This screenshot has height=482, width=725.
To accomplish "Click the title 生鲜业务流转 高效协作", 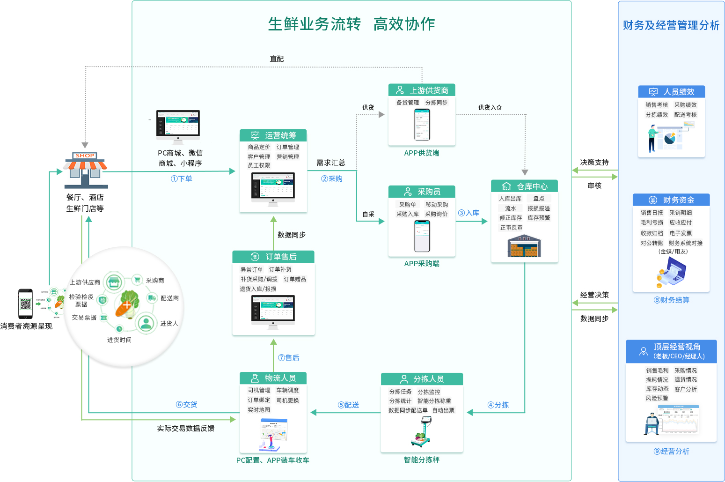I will pos(352,24).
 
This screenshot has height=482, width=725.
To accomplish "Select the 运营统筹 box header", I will pos(273,135).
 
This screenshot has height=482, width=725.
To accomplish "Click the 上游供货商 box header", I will pos(422,90).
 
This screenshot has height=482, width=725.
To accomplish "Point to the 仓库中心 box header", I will pos(524,186).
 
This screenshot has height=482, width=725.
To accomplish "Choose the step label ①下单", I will pos(182,178).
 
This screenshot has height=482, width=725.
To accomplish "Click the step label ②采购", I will pos(332,178).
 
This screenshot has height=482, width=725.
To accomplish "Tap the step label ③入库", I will pos(469,213).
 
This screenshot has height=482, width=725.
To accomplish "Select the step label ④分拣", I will pos(498,405).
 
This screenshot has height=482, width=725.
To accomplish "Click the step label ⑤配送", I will pos(348,405).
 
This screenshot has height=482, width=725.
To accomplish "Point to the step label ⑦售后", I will pos(288,357).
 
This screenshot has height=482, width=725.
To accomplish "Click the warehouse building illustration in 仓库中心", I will pos(524,246).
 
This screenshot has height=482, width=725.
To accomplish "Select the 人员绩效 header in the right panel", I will pos(671,92).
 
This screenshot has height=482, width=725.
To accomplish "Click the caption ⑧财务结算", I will pos(671,300).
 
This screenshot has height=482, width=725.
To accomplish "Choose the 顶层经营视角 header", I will pos(671,351).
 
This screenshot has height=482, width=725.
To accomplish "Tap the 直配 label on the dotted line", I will pos(277,59).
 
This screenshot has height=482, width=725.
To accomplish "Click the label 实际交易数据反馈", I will pos(186,428).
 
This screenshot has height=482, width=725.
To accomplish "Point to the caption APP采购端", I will pos(422,263).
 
